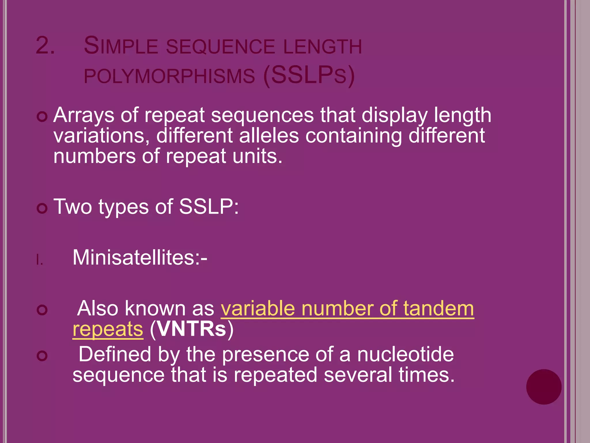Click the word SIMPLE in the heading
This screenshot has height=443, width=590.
tap(121, 46)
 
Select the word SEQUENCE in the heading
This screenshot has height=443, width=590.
tap(220, 47)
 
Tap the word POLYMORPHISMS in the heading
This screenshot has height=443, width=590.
tap(169, 76)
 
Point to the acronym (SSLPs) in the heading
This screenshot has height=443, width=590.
tap(309, 76)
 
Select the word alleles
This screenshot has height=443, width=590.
tap(269, 136)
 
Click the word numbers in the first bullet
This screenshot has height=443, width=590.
tap(94, 156)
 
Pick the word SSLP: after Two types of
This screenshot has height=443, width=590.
tap(209, 207)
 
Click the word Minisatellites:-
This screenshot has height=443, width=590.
tap(140, 257)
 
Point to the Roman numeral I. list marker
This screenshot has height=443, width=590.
tap(40, 260)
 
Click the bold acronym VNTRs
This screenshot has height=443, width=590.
tap(192, 329)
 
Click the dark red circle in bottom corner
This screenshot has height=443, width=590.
tap(544, 387)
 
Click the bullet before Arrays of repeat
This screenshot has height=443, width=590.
tap(42, 117)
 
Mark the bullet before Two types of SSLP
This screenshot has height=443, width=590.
tap(42, 209)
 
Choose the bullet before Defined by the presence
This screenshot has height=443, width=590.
tap(42, 356)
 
